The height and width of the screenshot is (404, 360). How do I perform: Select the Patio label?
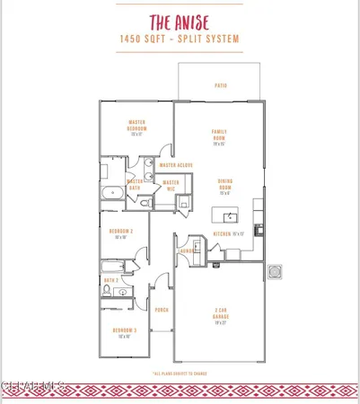220,86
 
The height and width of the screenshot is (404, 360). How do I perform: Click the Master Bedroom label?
137,126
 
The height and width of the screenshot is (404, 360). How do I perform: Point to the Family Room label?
219,136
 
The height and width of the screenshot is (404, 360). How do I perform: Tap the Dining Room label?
225,185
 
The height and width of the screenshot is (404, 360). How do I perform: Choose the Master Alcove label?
176,165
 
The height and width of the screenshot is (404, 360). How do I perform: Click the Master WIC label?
171,186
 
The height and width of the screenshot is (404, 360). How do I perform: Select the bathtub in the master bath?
111,193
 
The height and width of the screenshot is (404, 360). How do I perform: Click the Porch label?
162,310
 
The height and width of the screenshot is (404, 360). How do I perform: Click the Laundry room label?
189,251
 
